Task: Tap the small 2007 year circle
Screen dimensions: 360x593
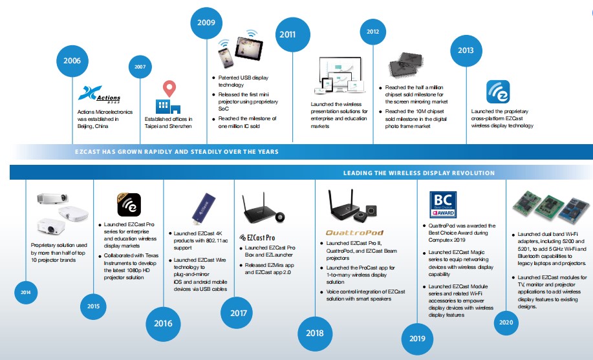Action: [x=140, y=67]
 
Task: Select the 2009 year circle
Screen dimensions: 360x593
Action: [x=207, y=24]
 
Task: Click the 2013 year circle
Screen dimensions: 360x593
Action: [x=466, y=50]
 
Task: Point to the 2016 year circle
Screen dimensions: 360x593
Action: [x=163, y=322]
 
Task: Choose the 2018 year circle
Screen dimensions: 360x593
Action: [x=315, y=334]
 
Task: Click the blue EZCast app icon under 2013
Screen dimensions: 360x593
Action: [x=498, y=92]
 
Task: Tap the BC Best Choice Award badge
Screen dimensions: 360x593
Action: [x=444, y=204]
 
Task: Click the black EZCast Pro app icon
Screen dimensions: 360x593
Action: [x=129, y=205]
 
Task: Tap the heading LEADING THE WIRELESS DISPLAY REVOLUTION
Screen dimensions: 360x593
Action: [x=418, y=173]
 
